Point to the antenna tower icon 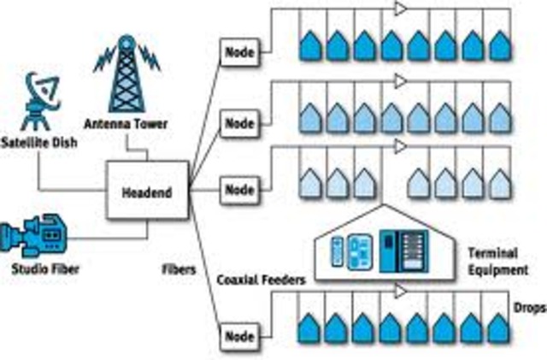click(126, 73)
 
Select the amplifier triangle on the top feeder click(400, 9)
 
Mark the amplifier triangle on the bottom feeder click(400, 293)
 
